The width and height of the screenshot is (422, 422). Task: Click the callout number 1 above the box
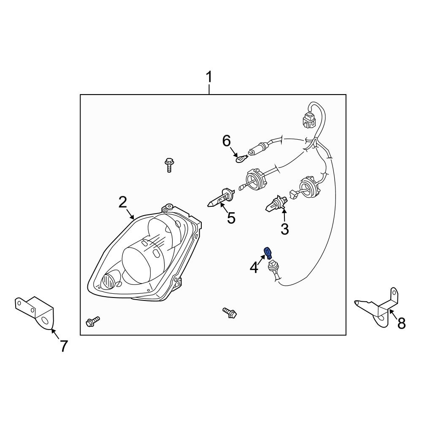pos(208,78)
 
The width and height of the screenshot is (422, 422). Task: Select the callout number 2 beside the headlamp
pos(122,202)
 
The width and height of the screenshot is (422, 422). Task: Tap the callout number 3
pos(285,229)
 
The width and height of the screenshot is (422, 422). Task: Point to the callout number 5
pos(231,218)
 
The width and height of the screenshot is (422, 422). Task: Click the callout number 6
pos(227,141)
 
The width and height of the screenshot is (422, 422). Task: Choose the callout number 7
pos(63,346)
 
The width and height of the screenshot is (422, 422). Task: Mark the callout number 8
pos(401,323)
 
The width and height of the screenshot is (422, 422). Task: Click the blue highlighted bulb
pos(267,252)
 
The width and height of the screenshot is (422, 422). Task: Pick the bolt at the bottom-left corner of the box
pos(92,321)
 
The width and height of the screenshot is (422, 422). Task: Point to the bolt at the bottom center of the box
pos(230,313)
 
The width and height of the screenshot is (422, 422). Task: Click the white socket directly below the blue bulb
pos(273,268)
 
